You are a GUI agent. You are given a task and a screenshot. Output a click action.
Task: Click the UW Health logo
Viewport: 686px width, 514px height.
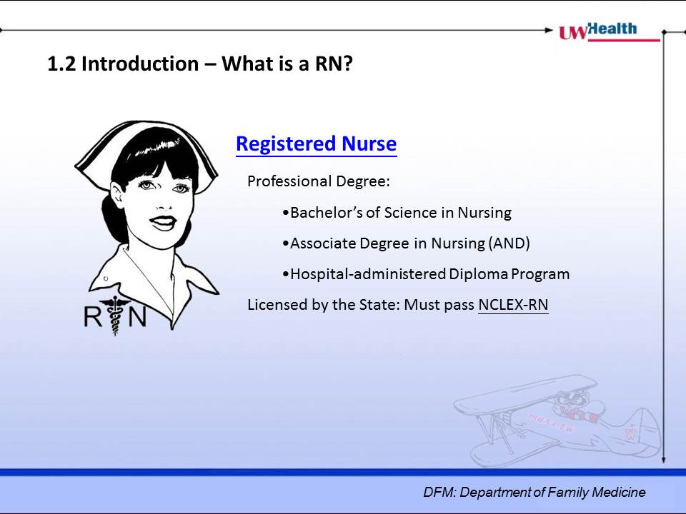tap(610, 31)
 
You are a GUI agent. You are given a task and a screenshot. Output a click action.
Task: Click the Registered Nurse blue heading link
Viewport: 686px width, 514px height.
tap(317, 143)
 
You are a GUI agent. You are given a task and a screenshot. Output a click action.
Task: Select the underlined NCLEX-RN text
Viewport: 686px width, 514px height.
tap(513, 305)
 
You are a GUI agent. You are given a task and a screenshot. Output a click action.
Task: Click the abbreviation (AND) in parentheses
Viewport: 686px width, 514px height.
tap(509, 243)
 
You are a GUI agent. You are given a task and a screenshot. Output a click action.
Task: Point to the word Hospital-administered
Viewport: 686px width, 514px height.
tap(368, 274)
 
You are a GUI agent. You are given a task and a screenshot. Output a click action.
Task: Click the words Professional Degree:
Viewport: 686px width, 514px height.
tap(319, 181)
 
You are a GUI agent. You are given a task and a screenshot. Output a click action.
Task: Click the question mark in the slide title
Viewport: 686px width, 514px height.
tap(347, 64)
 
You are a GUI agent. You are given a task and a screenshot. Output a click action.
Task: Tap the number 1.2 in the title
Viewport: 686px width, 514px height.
tap(61, 64)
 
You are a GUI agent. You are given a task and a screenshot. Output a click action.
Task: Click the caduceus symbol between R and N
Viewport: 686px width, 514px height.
tap(115, 316)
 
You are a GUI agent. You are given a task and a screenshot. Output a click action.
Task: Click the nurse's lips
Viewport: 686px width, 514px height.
tap(163, 223)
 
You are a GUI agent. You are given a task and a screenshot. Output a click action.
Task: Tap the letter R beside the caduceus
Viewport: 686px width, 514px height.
tap(92, 317)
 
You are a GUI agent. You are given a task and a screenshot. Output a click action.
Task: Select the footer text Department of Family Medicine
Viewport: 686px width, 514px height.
tap(552, 492)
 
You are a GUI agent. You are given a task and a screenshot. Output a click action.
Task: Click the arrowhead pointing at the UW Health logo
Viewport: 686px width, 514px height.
tap(549, 30)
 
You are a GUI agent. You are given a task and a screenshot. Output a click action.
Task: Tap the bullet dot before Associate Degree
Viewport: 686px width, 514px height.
tap(286, 244)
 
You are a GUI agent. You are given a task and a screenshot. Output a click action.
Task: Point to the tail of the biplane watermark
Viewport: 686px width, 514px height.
tap(642, 433)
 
